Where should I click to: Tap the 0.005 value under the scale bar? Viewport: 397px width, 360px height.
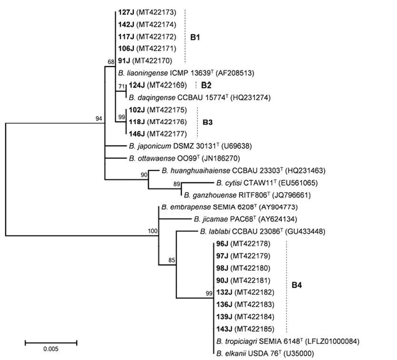(x=50, y=350)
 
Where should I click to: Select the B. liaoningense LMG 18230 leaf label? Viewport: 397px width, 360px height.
(x=187, y=73)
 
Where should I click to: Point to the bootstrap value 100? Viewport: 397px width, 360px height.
(x=152, y=231)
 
